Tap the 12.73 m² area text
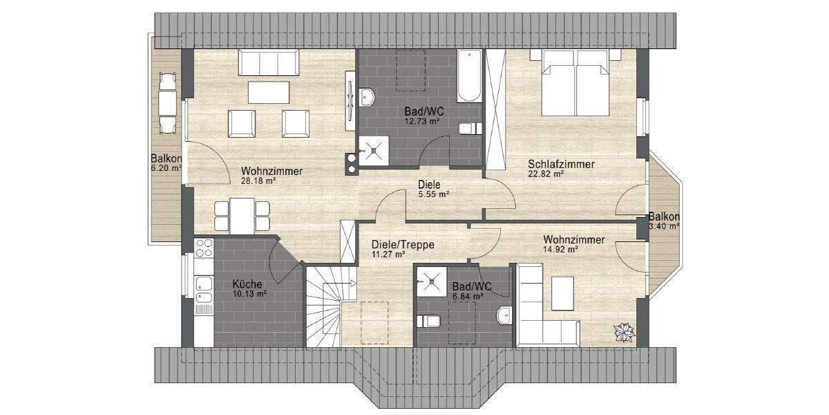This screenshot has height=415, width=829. click(422, 121)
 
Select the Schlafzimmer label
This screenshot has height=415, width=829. click(561, 164)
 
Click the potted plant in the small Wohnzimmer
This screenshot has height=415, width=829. click(624, 332)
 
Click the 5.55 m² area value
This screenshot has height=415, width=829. click(434, 195)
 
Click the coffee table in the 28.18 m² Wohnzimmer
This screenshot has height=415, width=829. click(269, 92)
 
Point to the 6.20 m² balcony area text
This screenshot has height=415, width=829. click(166, 167)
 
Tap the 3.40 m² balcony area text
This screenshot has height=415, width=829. click(664, 225)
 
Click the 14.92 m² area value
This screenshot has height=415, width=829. click(563, 250)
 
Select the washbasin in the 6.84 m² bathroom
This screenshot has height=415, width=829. click(504, 314)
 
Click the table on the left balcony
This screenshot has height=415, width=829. click(166, 103)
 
